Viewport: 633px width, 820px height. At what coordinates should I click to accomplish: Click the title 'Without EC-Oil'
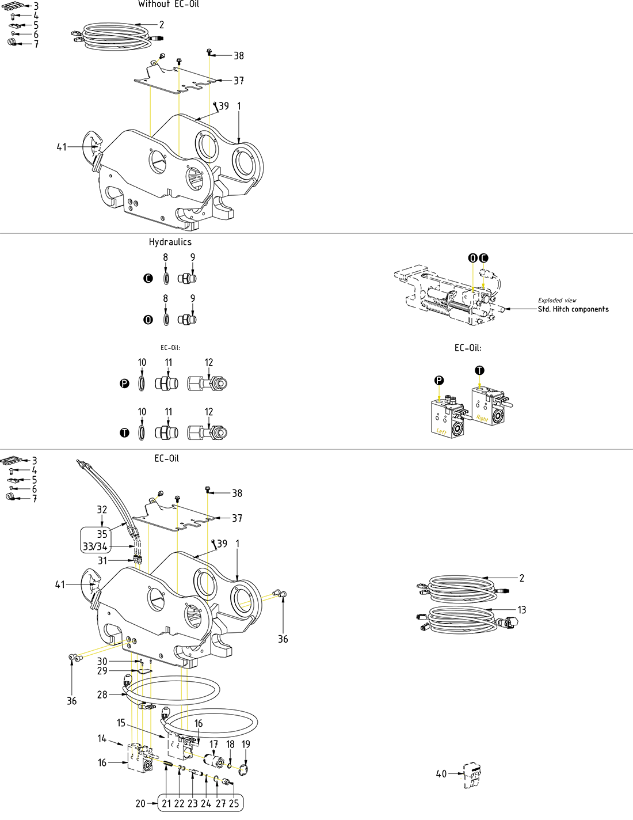coord(168,4)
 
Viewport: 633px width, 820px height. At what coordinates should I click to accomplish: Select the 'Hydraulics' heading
coord(170,242)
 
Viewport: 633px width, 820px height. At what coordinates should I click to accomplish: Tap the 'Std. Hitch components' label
coord(573,309)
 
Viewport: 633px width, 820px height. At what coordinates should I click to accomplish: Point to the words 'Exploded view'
coord(556,300)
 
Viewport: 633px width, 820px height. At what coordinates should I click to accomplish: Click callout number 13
coord(521,610)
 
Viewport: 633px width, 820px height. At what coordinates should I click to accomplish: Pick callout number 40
coord(441,774)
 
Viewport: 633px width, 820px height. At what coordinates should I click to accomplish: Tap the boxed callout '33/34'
coord(95,546)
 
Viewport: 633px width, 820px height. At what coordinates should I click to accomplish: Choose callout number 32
coord(102,510)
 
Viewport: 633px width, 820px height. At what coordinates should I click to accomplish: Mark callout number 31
coord(102,560)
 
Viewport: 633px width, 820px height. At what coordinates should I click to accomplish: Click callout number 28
coord(102,694)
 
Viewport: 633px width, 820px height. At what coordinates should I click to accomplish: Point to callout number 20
coord(140,803)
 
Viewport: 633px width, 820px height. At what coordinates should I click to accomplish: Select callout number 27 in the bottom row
coord(220,803)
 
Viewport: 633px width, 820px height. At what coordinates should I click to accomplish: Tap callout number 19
coord(246,744)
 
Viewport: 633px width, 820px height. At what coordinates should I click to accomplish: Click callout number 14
coord(102,738)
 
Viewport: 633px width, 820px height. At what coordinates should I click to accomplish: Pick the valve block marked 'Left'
coord(447,419)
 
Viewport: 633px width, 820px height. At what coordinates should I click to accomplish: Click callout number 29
coord(102,671)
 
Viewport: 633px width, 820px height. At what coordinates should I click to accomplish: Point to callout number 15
coord(121,723)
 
